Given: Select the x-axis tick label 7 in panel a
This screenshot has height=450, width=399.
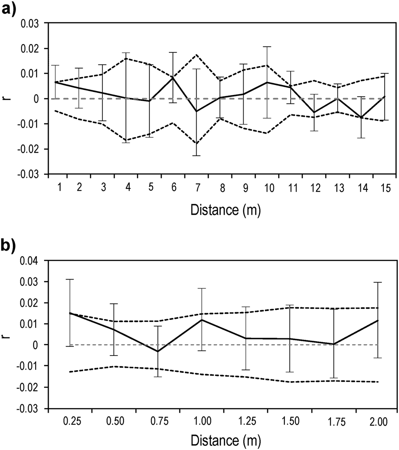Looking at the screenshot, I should (196, 187).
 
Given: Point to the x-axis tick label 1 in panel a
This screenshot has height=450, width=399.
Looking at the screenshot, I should (59, 187).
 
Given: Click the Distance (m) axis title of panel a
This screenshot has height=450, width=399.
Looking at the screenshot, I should (226, 209).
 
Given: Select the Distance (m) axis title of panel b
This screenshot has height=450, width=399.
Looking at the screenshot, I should (226, 441).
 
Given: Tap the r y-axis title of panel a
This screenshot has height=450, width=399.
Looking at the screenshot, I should (6, 99).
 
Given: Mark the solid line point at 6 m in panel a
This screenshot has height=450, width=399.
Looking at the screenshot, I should (173, 78).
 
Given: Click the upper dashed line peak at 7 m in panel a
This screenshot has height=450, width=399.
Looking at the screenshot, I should (196, 55).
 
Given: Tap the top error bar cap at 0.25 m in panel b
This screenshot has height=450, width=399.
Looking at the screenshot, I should (70, 279).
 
